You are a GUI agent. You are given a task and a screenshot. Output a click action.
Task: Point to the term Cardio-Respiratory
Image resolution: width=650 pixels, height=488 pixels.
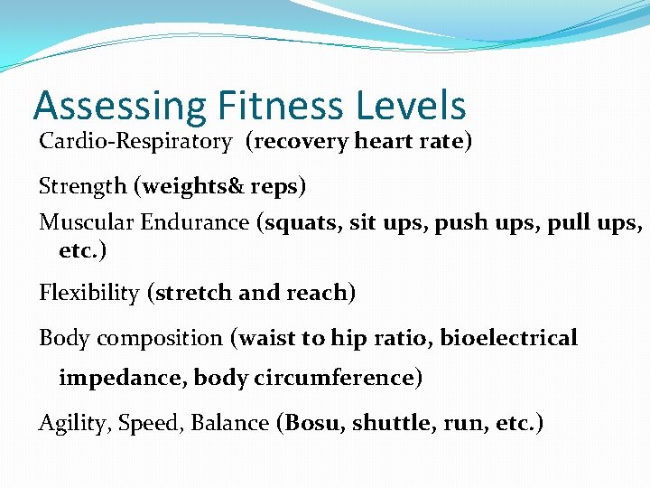click(x=135, y=143)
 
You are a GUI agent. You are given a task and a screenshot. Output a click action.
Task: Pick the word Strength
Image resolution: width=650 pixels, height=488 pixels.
click(x=83, y=187)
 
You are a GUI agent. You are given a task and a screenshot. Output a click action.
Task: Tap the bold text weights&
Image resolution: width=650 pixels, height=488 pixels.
click(x=185, y=187)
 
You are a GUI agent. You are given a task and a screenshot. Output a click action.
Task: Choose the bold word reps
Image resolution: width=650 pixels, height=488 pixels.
click(x=274, y=187)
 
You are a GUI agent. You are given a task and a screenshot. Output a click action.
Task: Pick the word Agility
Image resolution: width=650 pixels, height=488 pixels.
click(x=66, y=424)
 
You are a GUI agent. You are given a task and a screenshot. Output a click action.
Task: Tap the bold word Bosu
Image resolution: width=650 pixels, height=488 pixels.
click(x=313, y=424)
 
